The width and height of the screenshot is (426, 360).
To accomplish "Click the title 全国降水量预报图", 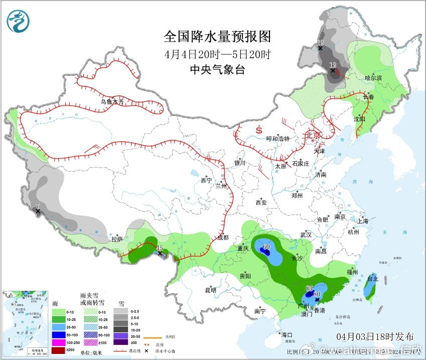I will pyautogui.click(x=217, y=37).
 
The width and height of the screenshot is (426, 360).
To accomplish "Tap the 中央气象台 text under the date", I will pyautogui.click(x=217, y=70).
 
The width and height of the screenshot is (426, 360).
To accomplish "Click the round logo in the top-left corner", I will pyautogui.click(x=18, y=21).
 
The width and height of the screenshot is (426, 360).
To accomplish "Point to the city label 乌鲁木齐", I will pyautogui.click(x=111, y=102).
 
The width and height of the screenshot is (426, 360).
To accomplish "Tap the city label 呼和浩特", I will pyautogui.click(x=278, y=139).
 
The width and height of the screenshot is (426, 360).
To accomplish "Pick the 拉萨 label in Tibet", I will pyautogui.click(x=117, y=239).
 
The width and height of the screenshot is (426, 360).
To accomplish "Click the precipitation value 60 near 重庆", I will pyautogui.click(x=266, y=247).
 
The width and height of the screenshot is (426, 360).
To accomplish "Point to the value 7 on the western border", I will pyautogui.click(x=37, y=206).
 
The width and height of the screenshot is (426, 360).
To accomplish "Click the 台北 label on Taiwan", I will pyautogui.click(x=372, y=279).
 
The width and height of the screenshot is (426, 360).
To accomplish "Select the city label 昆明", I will pyautogui.click(x=211, y=290).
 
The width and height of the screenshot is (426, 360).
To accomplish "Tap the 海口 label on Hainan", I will pyautogui.click(x=287, y=334).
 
